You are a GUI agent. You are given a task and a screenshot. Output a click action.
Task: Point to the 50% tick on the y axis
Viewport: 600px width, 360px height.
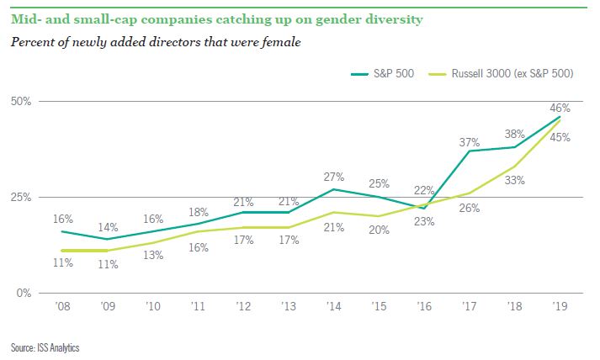click(x=20, y=101)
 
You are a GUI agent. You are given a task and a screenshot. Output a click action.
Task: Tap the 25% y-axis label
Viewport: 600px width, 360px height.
click(x=20, y=197)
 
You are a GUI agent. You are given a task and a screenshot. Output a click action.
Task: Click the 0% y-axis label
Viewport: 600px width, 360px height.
click(x=23, y=293)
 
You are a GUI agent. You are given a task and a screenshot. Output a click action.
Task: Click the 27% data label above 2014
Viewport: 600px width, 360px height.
click(x=333, y=177)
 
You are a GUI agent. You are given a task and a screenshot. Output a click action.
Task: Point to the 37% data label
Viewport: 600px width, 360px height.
click(x=470, y=142)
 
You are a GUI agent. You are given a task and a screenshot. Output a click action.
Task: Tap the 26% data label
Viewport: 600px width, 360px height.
click(x=470, y=207)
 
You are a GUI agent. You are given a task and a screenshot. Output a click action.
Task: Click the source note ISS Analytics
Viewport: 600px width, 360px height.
click(x=46, y=347)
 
